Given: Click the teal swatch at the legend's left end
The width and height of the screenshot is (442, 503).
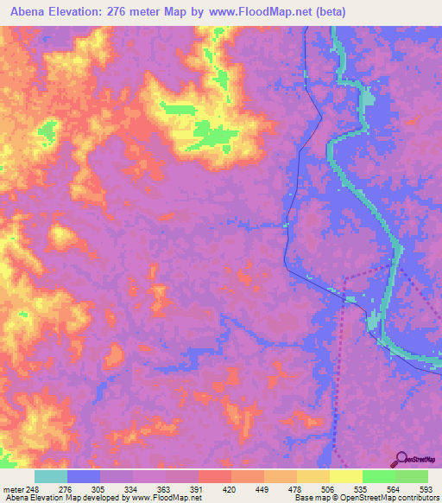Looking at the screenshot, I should tap(51, 476).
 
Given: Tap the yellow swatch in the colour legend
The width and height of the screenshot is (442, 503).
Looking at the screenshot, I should tap(346, 476).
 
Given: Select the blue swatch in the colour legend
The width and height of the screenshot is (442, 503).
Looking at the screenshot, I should tap(84, 476).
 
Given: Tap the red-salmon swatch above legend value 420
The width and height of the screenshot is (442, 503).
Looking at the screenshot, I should tap(215, 476).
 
